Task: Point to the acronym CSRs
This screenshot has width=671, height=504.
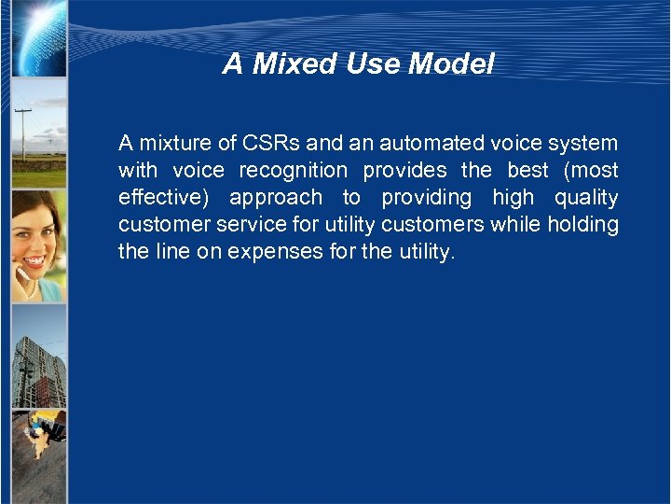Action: tap(271, 144)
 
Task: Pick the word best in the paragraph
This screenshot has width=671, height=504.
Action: tap(527, 171)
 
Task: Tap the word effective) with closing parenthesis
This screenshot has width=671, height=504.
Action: tap(167, 198)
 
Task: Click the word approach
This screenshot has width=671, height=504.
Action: tap(276, 198)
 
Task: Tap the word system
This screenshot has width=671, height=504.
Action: tap(582, 144)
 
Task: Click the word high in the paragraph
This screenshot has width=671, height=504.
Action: tap(513, 198)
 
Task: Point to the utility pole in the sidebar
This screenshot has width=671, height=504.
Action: tap(22, 135)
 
